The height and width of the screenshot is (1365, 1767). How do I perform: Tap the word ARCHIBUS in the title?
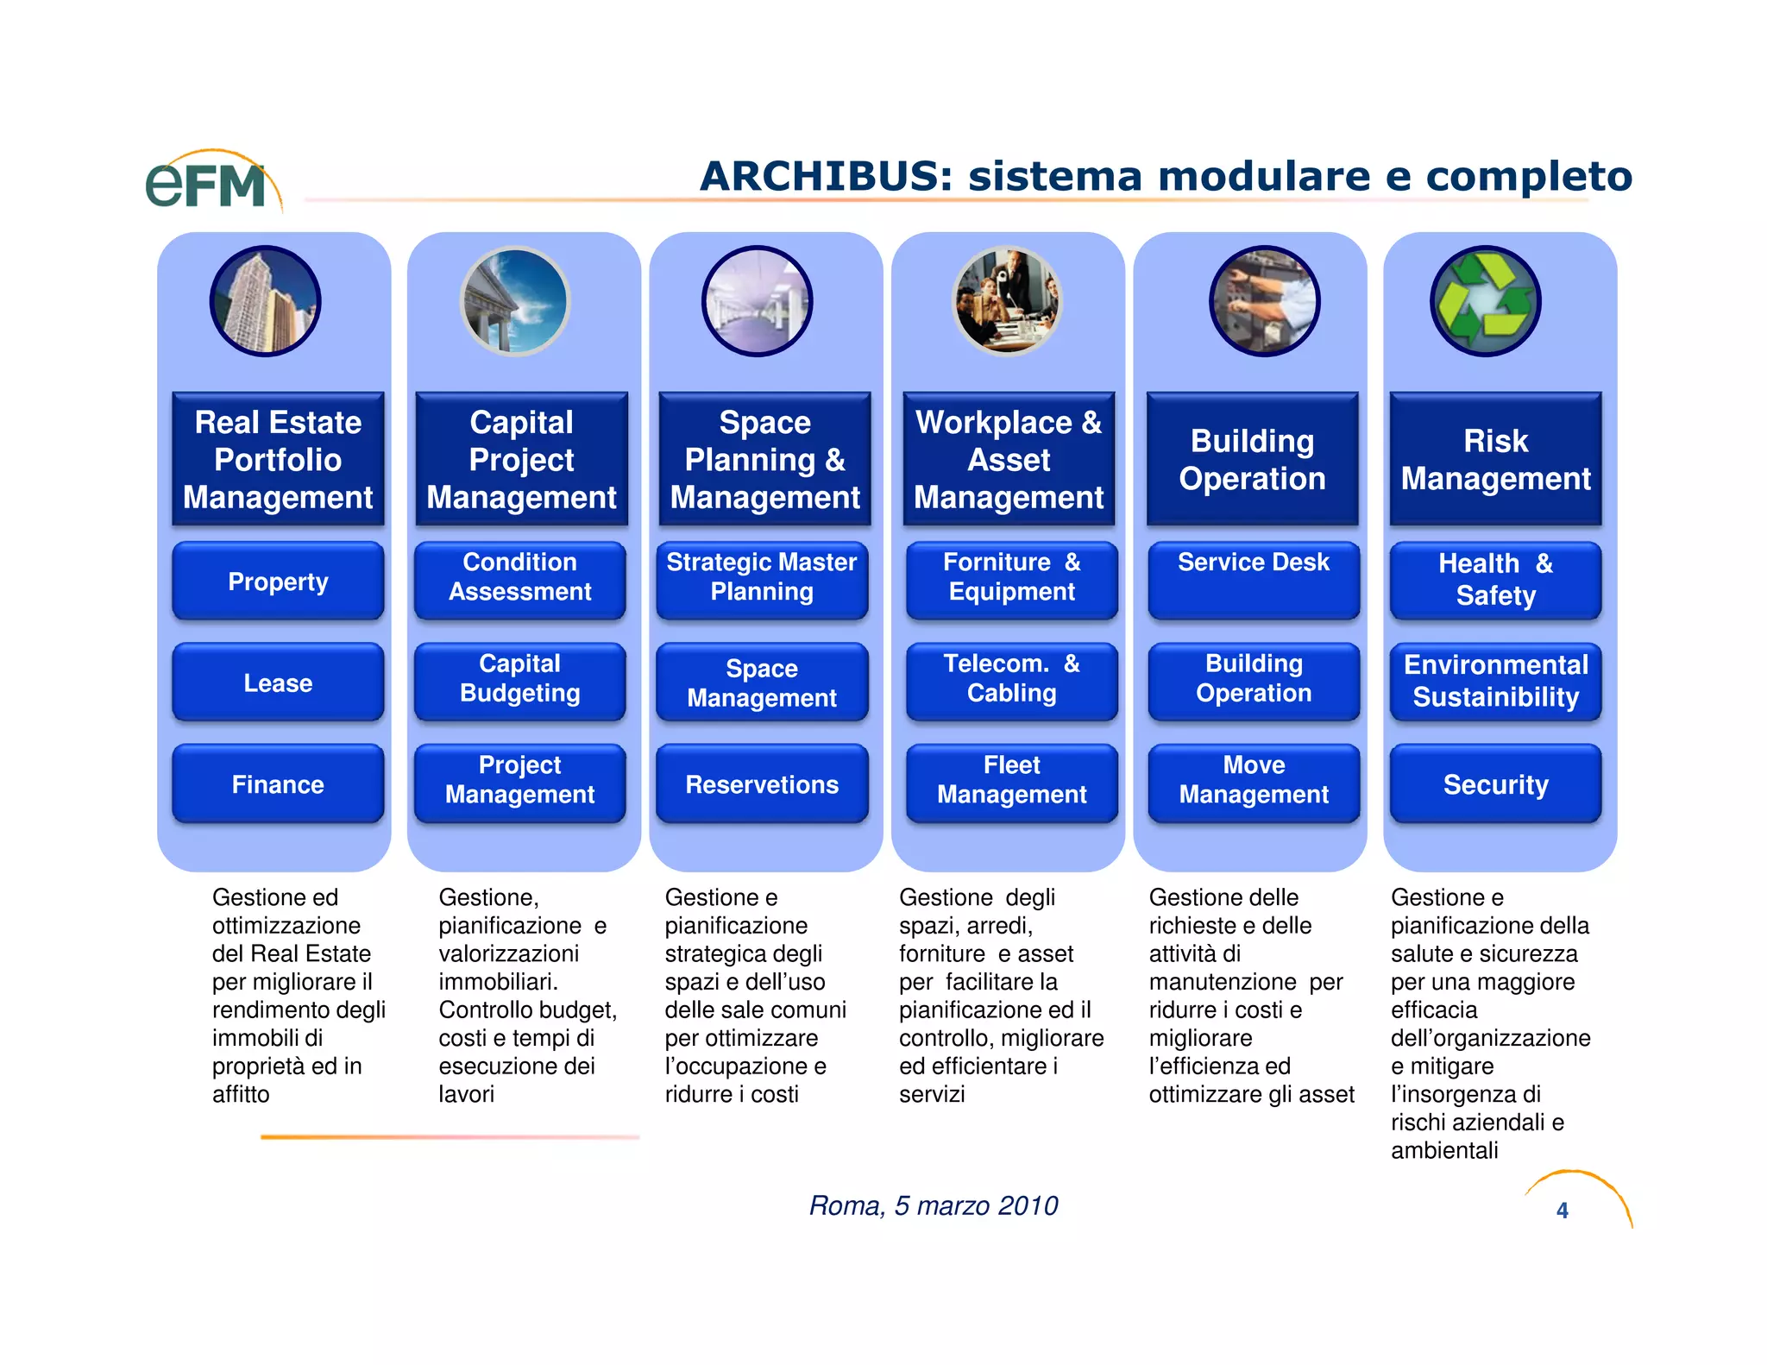[825, 177]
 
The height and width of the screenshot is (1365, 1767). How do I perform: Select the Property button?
[278, 582]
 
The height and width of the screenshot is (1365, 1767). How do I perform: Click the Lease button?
[278, 682]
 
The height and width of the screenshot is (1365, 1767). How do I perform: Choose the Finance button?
[278, 784]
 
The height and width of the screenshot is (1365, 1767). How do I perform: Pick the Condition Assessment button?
[519, 577]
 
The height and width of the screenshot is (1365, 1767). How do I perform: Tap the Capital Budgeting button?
[519, 679]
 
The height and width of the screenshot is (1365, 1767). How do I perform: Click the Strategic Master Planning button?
[762, 577]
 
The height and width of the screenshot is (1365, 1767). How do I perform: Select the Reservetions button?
[762, 784]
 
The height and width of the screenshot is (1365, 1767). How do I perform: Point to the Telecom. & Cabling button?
[1011, 679]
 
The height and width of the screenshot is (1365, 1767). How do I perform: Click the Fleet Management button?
[1011, 780]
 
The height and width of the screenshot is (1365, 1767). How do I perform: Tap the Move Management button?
[1254, 780]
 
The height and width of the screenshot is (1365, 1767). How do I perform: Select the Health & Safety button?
[1495, 580]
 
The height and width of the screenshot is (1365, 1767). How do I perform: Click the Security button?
[1495, 784]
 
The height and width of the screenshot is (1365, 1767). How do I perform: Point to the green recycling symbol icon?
[1485, 301]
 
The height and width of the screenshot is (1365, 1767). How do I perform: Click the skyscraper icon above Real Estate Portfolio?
[265, 301]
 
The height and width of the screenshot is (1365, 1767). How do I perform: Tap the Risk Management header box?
[1495, 459]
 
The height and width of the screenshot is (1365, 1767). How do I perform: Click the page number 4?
[1562, 1211]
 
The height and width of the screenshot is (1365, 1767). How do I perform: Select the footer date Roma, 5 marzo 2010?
[933, 1205]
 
